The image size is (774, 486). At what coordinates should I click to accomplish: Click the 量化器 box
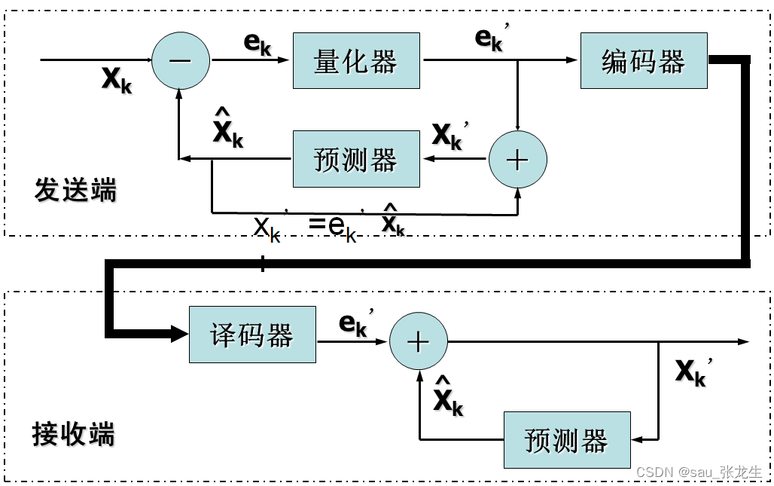point(355,61)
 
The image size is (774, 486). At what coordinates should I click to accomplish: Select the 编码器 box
point(644,61)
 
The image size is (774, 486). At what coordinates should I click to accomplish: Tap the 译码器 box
point(252,335)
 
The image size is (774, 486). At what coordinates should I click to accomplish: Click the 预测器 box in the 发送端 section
point(355,159)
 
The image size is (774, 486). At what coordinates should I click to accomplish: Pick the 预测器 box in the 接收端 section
point(566,440)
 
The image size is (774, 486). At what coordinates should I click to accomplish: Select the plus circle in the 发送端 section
point(518,160)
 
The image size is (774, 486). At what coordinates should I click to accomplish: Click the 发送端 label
point(75,191)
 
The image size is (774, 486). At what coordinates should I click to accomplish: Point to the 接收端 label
point(74,435)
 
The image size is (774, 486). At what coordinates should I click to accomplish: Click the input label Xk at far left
point(117,78)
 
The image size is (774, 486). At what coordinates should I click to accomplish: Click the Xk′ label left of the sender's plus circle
point(449,136)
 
